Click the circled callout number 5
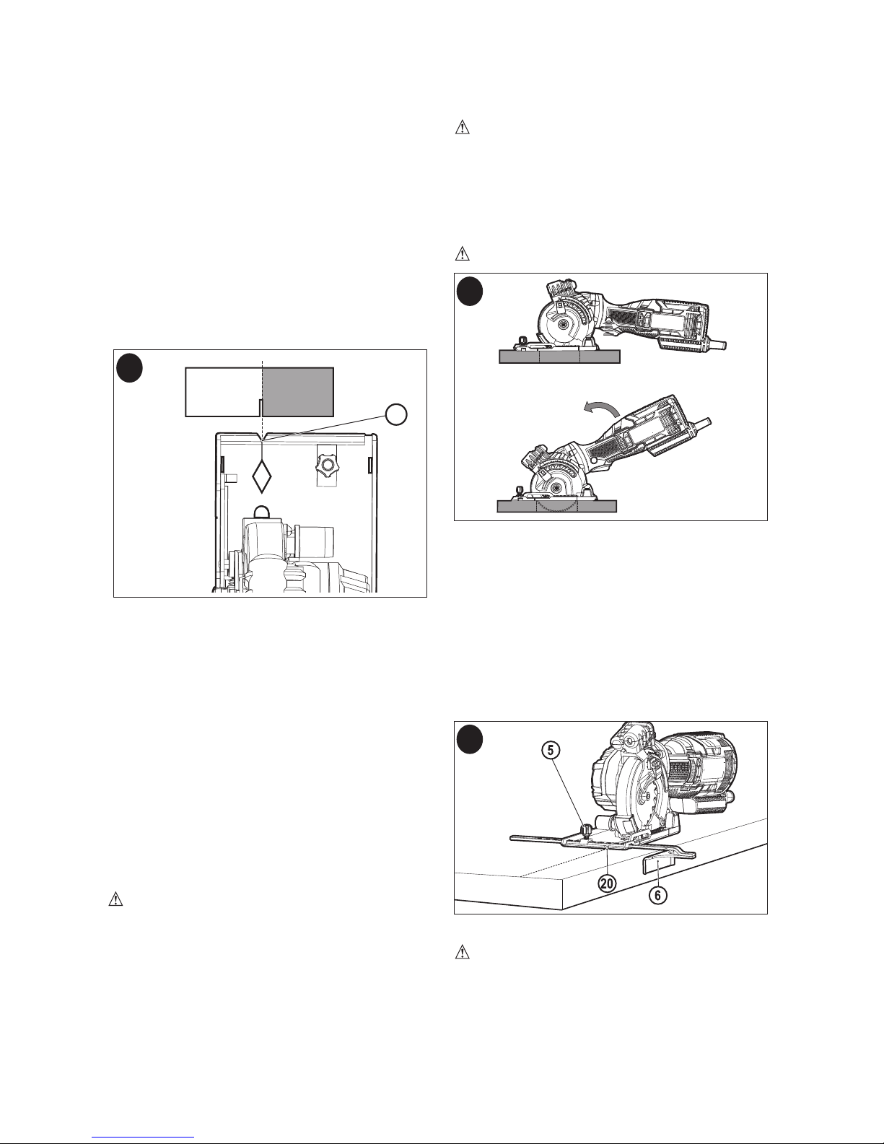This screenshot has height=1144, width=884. [551, 750]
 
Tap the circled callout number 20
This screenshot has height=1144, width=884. [608, 883]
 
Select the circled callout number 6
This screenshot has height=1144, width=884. [657, 894]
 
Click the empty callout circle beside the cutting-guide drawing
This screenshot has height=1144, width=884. [396, 414]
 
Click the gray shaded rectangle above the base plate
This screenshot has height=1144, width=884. [298, 392]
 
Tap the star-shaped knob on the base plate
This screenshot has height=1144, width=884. [326, 465]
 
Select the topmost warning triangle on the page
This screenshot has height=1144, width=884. [462, 128]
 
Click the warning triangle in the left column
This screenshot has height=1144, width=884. [115, 899]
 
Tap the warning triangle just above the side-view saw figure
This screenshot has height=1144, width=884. [462, 254]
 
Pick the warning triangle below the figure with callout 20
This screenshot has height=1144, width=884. [462, 952]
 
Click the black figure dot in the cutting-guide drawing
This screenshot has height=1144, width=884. [129, 368]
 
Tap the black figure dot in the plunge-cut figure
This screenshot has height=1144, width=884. [469, 291]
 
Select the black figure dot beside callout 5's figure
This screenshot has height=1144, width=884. [469, 740]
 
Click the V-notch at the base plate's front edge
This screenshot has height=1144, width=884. [261, 437]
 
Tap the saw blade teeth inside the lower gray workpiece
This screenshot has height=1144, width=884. [556, 506]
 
